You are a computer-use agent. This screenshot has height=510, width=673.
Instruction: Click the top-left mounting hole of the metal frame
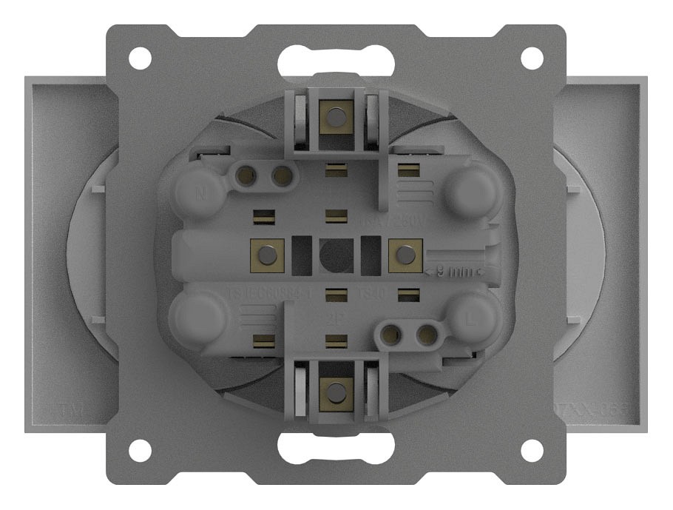140,58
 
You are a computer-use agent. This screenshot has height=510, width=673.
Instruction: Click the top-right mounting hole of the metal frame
532,58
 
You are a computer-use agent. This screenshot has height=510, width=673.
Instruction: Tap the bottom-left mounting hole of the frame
140,450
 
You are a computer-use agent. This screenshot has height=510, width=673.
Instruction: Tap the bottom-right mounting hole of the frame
532,450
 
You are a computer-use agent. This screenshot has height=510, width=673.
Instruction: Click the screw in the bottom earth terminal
336,392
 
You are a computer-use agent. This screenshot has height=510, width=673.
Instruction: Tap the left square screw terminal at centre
268,255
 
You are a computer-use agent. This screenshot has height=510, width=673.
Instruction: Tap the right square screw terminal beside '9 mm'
405,255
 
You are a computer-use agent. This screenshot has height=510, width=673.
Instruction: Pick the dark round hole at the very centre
336,255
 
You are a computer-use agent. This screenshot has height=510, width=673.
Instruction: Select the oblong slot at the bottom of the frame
336,449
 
